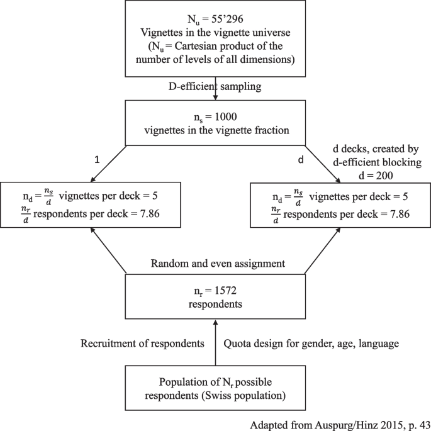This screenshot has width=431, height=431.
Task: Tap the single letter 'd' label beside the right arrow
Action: tap(300, 160)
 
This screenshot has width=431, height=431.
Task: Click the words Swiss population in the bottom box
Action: tap(252, 396)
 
